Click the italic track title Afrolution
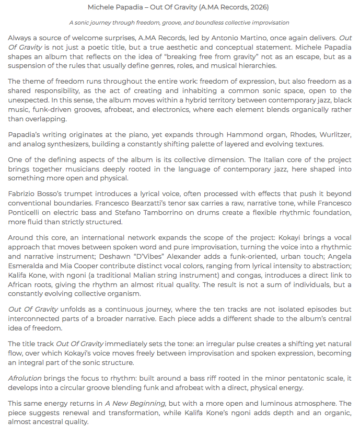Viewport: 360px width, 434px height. [26, 378]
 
